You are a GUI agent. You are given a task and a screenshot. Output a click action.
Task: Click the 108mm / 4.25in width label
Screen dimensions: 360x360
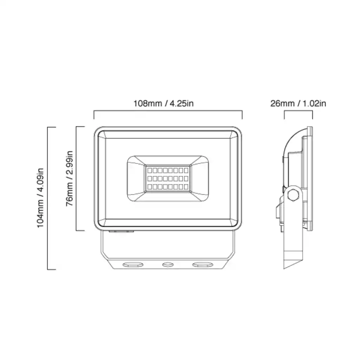click(x=163, y=103)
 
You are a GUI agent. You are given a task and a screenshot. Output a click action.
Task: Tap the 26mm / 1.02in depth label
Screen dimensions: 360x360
click(x=298, y=103)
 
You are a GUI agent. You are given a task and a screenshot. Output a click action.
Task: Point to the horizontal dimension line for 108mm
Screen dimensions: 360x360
click(x=168, y=111)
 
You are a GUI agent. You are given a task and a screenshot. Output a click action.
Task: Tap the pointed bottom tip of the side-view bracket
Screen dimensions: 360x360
click(x=285, y=268)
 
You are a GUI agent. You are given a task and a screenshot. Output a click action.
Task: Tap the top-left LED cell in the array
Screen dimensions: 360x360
click(x=149, y=171)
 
